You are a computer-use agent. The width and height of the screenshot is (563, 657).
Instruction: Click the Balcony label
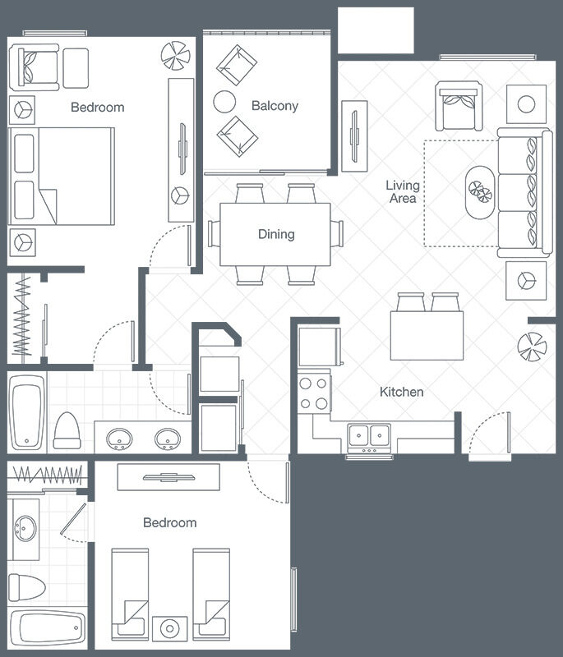275,106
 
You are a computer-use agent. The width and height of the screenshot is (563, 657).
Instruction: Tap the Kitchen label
401,392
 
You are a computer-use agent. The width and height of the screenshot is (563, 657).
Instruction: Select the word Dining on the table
276,234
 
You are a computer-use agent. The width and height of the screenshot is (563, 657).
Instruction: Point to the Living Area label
403,191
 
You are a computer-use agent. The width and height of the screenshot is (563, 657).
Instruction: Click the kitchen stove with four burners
314,393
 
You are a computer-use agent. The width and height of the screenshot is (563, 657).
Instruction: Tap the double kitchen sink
369,438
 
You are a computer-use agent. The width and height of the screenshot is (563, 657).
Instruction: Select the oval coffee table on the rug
481,192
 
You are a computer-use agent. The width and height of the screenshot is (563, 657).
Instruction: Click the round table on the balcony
224,102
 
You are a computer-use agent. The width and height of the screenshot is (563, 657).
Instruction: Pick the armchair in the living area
459,106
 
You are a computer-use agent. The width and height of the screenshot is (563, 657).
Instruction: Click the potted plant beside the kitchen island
532,347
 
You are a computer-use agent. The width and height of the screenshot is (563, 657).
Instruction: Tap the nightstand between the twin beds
170,628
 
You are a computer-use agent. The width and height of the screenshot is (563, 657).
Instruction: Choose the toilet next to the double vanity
67,430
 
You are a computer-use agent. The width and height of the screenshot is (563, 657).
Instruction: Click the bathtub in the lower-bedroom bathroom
48,628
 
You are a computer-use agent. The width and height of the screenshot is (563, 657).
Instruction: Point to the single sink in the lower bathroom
25,529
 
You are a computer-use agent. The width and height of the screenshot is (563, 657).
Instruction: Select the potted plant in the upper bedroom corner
176,56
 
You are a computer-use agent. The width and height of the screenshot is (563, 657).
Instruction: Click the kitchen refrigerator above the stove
320,347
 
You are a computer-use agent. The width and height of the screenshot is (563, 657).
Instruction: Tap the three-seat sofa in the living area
524,192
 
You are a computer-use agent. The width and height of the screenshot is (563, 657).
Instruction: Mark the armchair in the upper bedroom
35,67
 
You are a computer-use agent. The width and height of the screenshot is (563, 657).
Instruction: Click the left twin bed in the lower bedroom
130,594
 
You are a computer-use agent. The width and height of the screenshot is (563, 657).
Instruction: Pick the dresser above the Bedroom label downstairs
168,477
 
